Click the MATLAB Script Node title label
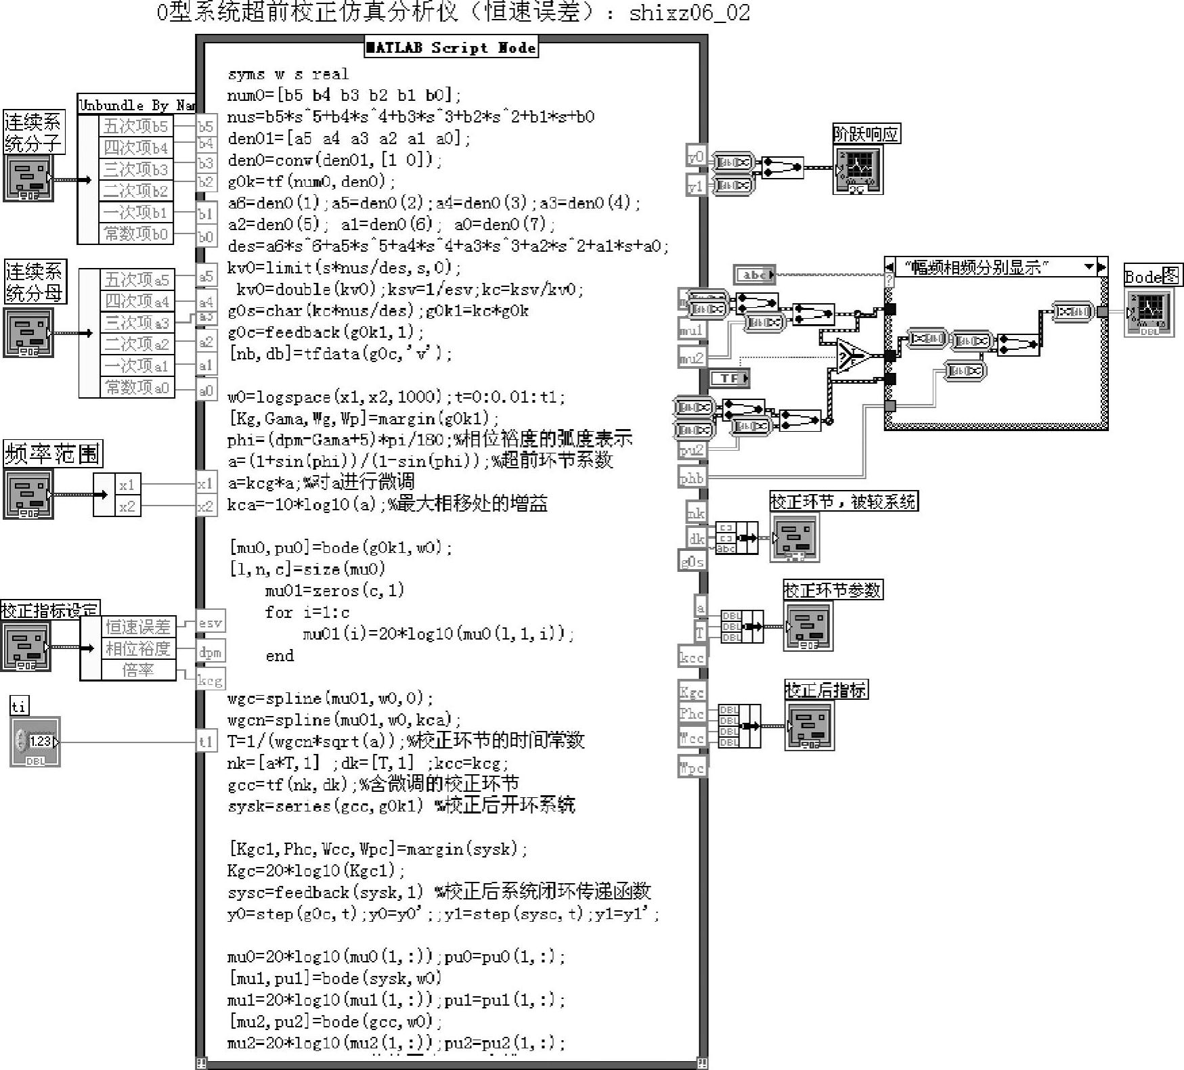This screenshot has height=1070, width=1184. (x=451, y=47)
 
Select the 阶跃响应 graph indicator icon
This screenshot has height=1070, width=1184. (x=858, y=169)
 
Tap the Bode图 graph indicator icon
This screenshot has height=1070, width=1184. (x=1149, y=312)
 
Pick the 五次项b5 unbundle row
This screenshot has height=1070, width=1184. (x=136, y=126)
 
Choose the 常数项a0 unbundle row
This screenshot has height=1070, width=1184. (x=136, y=387)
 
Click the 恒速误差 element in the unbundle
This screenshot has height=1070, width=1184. (x=137, y=627)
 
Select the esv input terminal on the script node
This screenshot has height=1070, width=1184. (x=210, y=623)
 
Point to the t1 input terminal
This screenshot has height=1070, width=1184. (x=206, y=742)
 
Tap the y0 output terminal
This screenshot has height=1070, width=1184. (x=695, y=156)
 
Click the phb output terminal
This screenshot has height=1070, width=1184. (x=691, y=478)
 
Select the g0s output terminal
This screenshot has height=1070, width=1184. (x=692, y=561)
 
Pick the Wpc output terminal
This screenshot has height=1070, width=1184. (x=692, y=768)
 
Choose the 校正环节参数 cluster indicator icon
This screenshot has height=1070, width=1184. (x=808, y=626)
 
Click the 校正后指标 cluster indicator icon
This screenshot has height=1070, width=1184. (x=810, y=726)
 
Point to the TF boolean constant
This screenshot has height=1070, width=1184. (x=729, y=378)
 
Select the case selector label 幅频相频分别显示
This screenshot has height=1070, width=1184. (x=977, y=267)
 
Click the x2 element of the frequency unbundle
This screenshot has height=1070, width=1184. (x=127, y=506)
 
